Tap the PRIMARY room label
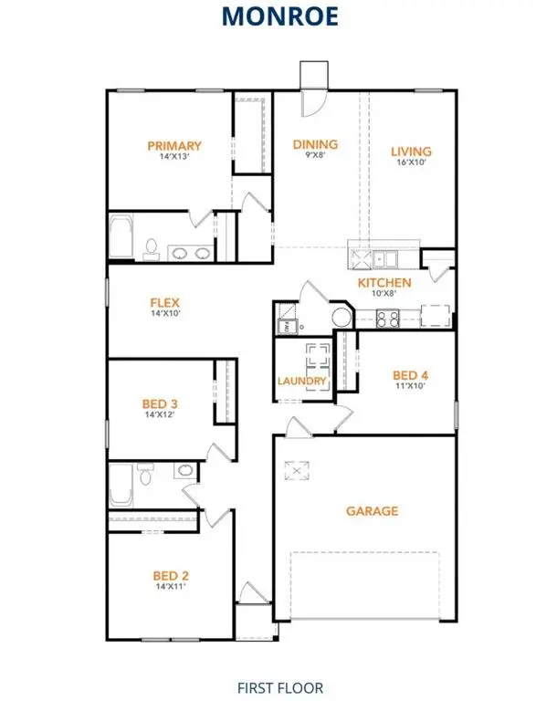pos(174,145)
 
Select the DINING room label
pos(315,144)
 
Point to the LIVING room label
pos(411,152)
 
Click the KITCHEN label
pos(384,283)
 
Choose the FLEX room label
pos(165,302)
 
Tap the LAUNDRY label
pos(302,381)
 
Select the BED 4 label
pos(410,374)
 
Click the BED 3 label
pos(159,403)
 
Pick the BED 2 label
pos(171,575)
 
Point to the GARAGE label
pos(372,511)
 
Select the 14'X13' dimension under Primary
pos(173,157)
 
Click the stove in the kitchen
pos(387,319)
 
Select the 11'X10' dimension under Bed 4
pos(409,386)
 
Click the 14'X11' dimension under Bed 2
pos(171,587)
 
